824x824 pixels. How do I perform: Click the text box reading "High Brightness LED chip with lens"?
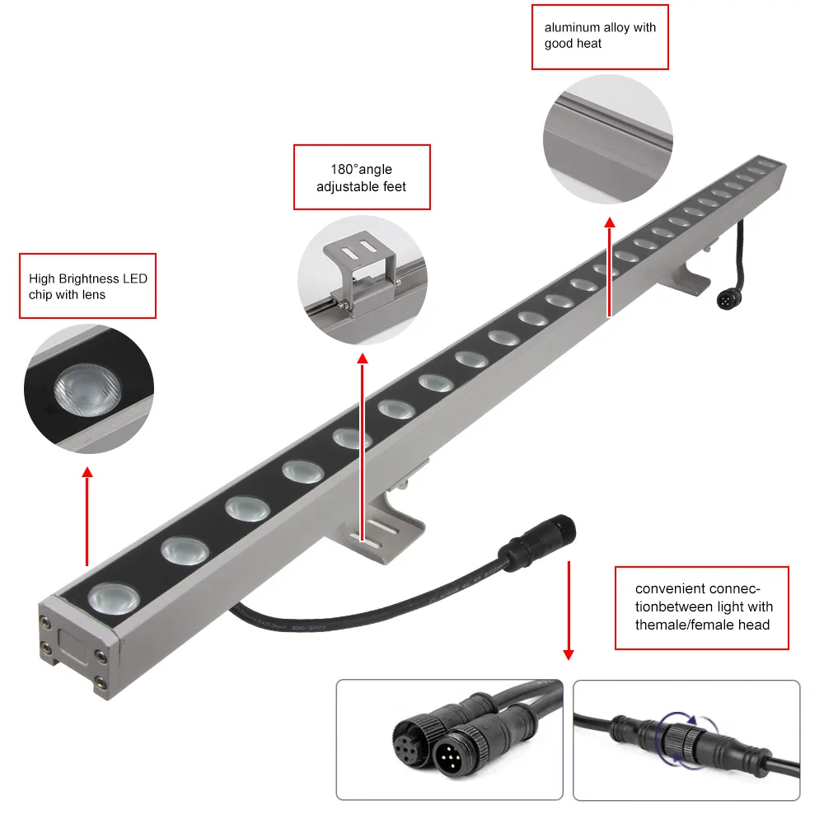point(88,286)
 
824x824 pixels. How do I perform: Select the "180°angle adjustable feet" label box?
point(362,178)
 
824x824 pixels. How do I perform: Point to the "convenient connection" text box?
point(702,607)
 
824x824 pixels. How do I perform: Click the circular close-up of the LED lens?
point(89,388)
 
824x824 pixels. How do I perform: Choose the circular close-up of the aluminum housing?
point(608,140)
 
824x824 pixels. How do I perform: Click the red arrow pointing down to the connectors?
point(568,610)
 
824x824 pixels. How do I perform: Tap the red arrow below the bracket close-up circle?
point(362,445)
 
